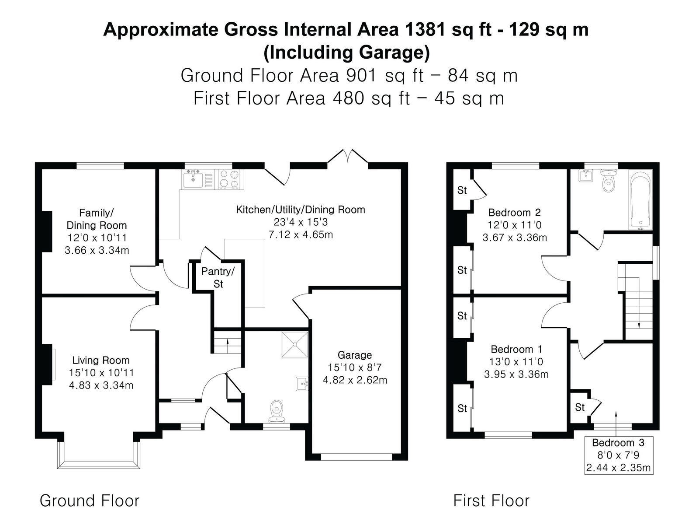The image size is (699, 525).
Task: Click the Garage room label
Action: point(354,355)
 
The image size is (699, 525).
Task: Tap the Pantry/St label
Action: point(218,277)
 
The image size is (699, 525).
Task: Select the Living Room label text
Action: point(101,360)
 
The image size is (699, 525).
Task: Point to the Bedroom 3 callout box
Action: point(619,455)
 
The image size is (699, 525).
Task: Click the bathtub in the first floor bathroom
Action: point(640,199)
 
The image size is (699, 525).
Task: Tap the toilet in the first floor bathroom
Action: point(608,180)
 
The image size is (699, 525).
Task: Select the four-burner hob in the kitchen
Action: point(230,179)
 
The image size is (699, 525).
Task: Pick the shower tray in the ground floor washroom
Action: point(294,345)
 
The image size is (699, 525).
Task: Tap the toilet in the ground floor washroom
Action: point(277,412)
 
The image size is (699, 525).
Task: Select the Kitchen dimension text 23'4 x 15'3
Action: point(301,222)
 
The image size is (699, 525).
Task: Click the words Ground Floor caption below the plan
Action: point(90,501)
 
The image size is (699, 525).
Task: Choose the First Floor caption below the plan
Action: point(491,501)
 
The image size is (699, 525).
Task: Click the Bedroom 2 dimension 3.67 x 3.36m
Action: point(515,238)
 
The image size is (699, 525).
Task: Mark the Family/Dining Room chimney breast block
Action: point(47,231)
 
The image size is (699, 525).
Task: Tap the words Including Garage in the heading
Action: point(347,52)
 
